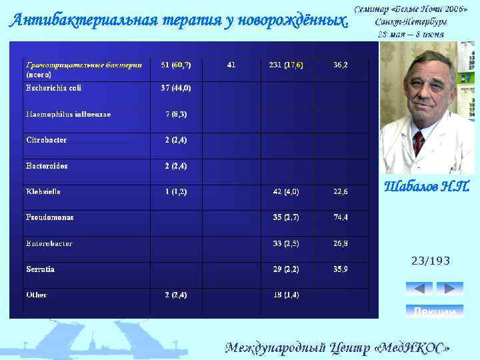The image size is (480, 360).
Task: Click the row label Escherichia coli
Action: pos(53,88)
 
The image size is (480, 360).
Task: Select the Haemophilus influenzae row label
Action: pos(68,114)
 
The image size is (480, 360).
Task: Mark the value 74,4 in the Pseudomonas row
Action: pos(340,217)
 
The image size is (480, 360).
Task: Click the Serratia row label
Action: pos(40,269)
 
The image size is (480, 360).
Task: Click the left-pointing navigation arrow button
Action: pos(419,289)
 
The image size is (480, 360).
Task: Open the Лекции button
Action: pos(434,311)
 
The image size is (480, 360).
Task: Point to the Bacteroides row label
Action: pos(47,165)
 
